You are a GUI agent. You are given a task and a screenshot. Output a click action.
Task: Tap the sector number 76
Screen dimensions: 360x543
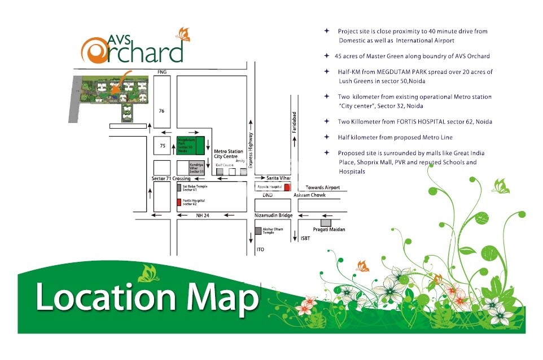[x=161, y=111]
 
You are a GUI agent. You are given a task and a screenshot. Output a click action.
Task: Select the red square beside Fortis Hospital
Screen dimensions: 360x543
[x=179, y=201]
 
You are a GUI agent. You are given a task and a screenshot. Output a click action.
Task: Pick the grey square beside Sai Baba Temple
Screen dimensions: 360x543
[x=179, y=187]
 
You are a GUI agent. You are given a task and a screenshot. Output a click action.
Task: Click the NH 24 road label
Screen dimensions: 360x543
[x=203, y=215]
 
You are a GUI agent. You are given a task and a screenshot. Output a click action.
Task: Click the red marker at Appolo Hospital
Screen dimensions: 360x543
[x=287, y=187]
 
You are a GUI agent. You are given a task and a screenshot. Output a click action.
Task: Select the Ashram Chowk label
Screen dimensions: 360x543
[x=309, y=195]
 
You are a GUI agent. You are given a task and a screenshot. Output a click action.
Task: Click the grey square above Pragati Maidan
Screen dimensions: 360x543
[x=326, y=223]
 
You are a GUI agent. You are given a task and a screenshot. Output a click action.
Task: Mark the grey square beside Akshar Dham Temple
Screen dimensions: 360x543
[x=258, y=231]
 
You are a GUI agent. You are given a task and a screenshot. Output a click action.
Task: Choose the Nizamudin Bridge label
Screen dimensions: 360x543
[x=273, y=215]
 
